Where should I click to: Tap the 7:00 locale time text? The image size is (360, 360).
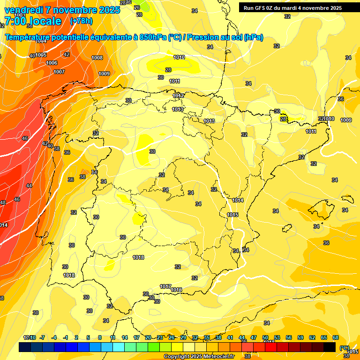pos(33,21)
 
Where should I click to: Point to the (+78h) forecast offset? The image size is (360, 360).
pos(81,21)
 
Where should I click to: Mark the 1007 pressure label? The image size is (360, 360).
pos(59,72)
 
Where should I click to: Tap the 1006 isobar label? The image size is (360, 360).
pos(52,63)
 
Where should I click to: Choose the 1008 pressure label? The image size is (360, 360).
pos(97,58)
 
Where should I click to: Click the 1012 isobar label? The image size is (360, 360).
pos(178,96)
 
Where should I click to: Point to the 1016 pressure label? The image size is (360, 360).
pos(176,290)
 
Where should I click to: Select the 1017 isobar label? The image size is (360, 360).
pos(165,286)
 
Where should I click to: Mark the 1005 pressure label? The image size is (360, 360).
pos(41,55)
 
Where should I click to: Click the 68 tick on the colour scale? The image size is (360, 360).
pos(336,337)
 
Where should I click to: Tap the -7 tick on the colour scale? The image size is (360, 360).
pos(42,337)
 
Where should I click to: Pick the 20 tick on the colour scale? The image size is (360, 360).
pos(148,337)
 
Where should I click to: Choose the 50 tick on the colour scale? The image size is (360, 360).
pos(265,337)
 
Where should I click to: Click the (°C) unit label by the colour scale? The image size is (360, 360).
pos(344,348)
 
